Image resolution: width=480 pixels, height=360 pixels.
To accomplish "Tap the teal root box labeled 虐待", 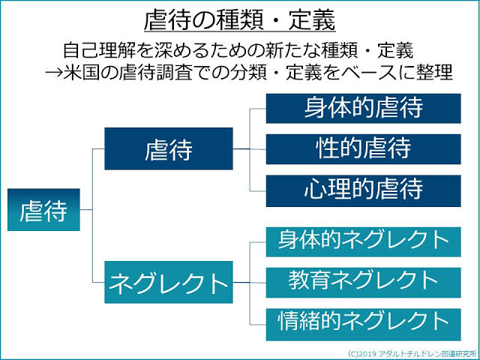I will click(43, 210).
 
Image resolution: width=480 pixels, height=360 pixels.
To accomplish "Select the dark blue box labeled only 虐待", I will click(168, 149).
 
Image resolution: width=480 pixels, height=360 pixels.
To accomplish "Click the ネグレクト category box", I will click(168, 283).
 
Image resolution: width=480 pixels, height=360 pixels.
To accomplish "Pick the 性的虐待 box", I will click(363, 148).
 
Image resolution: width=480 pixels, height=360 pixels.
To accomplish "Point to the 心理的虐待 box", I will click(363, 188).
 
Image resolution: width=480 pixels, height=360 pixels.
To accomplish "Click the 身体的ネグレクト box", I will click(363, 241).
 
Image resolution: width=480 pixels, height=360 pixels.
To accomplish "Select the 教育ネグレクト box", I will click(363, 280).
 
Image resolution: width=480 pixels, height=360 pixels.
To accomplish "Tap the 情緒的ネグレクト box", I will click(363, 321).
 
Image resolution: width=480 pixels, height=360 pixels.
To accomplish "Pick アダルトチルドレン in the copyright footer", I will click(412, 352).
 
